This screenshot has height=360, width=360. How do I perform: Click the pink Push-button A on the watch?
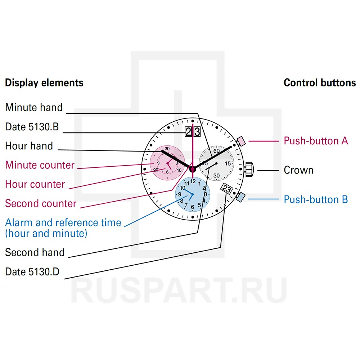(x=240, y=141)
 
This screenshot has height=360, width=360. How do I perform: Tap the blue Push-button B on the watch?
(x=241, y=197)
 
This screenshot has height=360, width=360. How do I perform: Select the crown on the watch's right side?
(x=249, y=170)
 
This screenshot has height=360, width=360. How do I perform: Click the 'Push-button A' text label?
(x=316, y=141)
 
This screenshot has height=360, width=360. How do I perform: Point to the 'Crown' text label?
(x=298, y=170)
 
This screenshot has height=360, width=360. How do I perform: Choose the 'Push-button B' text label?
(x=316, y=199)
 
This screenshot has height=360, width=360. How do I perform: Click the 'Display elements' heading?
(x=44, y=83)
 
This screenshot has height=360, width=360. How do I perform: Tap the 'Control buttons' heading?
(x=320, y=83)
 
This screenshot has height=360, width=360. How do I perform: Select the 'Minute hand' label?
(x=34, y=107)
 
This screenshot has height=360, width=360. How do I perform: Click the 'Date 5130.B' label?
(x=32, y=127)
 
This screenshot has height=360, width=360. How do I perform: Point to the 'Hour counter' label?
(x=35, y=184)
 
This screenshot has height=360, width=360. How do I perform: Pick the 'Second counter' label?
(x=41, y=204)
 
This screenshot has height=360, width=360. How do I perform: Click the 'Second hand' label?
(x=35, y=252)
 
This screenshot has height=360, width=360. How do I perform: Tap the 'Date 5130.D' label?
(x=32, y=272)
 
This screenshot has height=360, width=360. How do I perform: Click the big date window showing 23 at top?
(x=193, y=132)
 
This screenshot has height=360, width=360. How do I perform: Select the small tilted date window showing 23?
(x=227, y=189)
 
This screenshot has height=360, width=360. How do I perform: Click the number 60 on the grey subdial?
(x=216, y=151)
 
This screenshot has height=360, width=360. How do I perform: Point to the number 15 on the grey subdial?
(x=228, y=163)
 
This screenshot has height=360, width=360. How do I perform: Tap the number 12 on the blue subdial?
(x=193, y=181)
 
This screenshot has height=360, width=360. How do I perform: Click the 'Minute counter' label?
(x=40, y=165)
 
